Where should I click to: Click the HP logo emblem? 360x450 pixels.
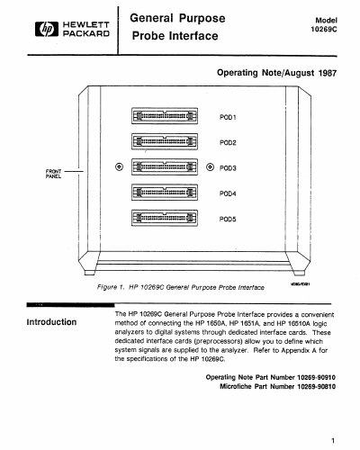(47, 29)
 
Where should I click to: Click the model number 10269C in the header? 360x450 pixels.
(324, 29)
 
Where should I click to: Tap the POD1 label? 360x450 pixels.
(228, 117)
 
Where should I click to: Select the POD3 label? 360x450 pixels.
(228, 168)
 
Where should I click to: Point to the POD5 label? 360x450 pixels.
(228, 219)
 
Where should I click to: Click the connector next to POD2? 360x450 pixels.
(165, 141)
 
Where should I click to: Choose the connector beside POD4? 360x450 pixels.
(165, 193)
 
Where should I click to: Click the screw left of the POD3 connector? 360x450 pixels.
(119, 166)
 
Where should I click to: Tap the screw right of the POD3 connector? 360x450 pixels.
(210, 166)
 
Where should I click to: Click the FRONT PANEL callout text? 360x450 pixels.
(53, 174)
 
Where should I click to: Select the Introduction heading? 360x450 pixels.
(51, 322)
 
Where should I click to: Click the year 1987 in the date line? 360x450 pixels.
(328, 73)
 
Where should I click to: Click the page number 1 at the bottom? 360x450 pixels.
(333, 440)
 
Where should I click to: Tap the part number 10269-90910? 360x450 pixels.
(316, 377)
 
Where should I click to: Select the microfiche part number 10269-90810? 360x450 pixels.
(316, 386)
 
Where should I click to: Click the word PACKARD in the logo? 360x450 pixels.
(86, 33)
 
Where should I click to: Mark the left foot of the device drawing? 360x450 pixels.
(90, 273)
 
